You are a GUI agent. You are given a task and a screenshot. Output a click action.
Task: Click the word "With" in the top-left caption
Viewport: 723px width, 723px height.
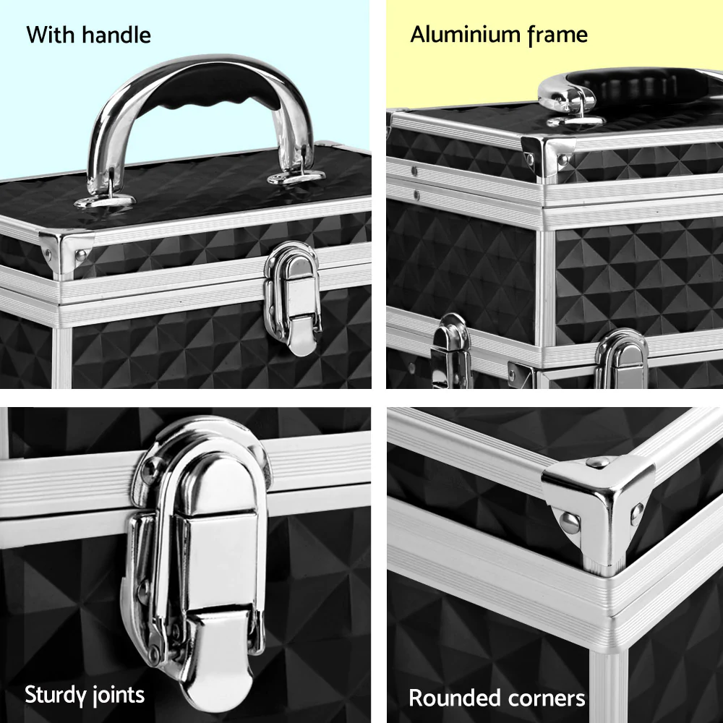(51, 34)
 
